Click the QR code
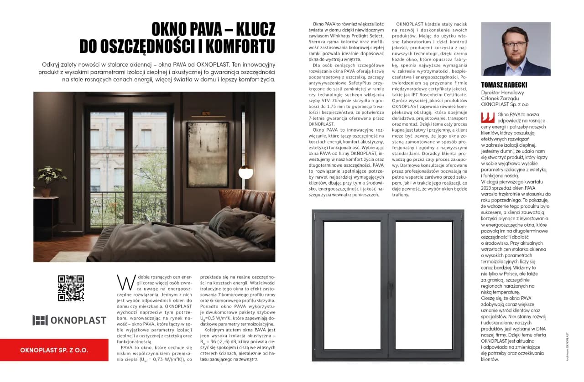tap(71, 288)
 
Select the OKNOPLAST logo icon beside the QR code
tap(40, 320)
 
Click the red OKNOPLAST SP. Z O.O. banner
tap(54, 350)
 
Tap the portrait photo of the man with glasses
tap(516, 49)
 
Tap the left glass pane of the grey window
tap(352, 285)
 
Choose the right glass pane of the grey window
tap(424, 285)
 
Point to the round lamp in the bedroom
tap(245, 173)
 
